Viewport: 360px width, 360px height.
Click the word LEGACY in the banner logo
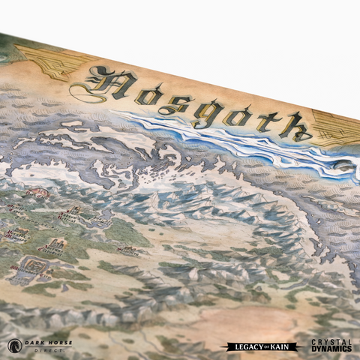pos(244,346)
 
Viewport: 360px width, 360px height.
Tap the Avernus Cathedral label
pos(52,247)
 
